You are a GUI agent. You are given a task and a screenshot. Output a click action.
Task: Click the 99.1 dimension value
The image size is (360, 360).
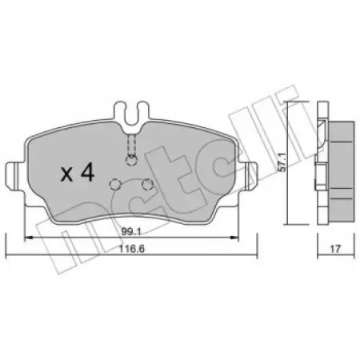click(x=131, y=232)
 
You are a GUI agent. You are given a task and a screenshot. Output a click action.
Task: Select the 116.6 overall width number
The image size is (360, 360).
click(x=131, y=249)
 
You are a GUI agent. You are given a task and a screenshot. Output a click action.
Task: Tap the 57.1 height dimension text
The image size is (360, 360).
click(x=282, y=162)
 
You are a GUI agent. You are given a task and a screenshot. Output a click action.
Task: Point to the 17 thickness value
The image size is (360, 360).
click(x=335, y=249)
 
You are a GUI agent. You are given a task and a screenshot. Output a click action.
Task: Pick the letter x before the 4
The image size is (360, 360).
click(x=66, y=174)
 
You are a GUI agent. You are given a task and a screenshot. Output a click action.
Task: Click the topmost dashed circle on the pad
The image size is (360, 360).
click(x=131, y=160)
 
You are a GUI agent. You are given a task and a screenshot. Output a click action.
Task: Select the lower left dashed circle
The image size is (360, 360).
click(x=115, y=184)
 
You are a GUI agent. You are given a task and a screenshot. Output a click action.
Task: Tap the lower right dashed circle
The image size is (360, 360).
click(x=147, y=184)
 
